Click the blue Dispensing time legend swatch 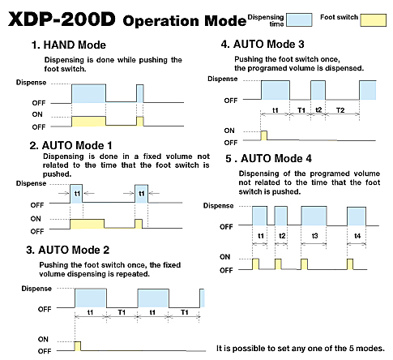tap(299, 19)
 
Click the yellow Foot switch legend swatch tap(374, 20)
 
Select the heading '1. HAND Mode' tap(69, 45)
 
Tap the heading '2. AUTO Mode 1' tap(70, 146)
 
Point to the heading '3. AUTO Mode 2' tap(68, 250)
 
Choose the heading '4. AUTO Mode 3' tap(263, 44)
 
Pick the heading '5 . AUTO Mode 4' tap(269, 158)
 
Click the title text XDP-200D tap(62, 19)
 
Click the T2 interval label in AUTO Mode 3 tap(340, 110)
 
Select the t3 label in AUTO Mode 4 tap(314, 236)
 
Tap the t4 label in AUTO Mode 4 tap(357, 236)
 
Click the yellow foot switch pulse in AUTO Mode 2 tap(78, 346)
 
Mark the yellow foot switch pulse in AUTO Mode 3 tap(264, 135)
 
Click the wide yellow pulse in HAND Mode tap(88, 122)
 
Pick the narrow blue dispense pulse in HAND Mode tap(140, 93)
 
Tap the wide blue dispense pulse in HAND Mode tap(88, 93)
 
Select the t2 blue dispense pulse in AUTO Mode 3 tap(318, 90)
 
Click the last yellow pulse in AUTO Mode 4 tap(350, 264)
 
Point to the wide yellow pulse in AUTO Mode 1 tap(87, 224)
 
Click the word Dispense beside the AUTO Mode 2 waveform tap(36, 289)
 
